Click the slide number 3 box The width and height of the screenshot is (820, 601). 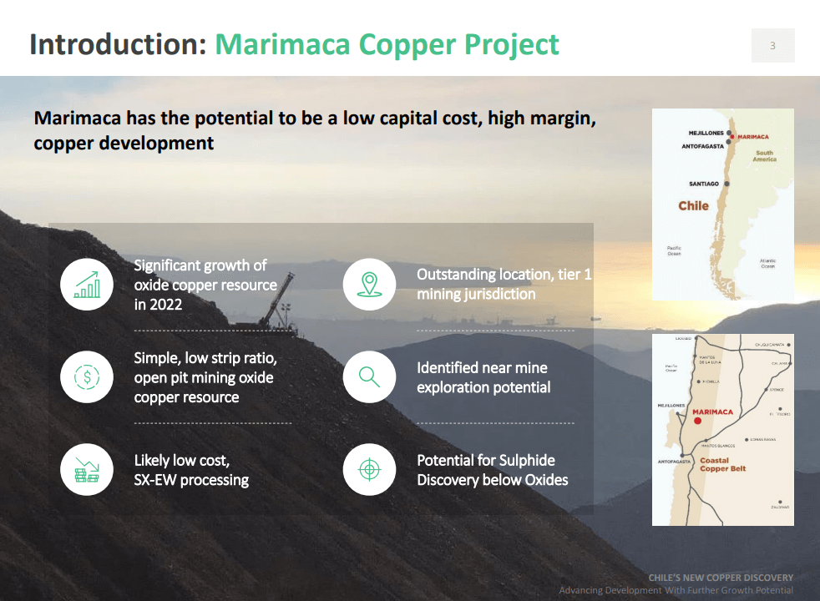(x=772, y=46)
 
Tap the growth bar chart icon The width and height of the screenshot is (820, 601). (x=87, y=285)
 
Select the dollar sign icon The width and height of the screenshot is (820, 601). (x=87, y=377)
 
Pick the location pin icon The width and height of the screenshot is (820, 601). (x=369, y=285)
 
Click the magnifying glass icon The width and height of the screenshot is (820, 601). (x=369, y=377)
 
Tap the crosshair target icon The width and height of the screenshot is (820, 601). (x=369, y=470)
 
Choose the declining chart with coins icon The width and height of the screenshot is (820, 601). (x=87, y=470)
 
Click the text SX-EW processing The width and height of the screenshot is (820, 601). (x=191, y=480)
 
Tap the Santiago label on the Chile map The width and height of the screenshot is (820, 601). (x=704, y=184)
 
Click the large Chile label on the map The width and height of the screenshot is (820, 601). (x=693, y=206)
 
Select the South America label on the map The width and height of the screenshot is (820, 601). (x=764, y=156)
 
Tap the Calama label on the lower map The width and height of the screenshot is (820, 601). (x=781, y=364)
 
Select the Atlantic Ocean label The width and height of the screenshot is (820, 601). (x=767, y=264)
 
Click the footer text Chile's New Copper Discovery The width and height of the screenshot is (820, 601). (x=720, y=578)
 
